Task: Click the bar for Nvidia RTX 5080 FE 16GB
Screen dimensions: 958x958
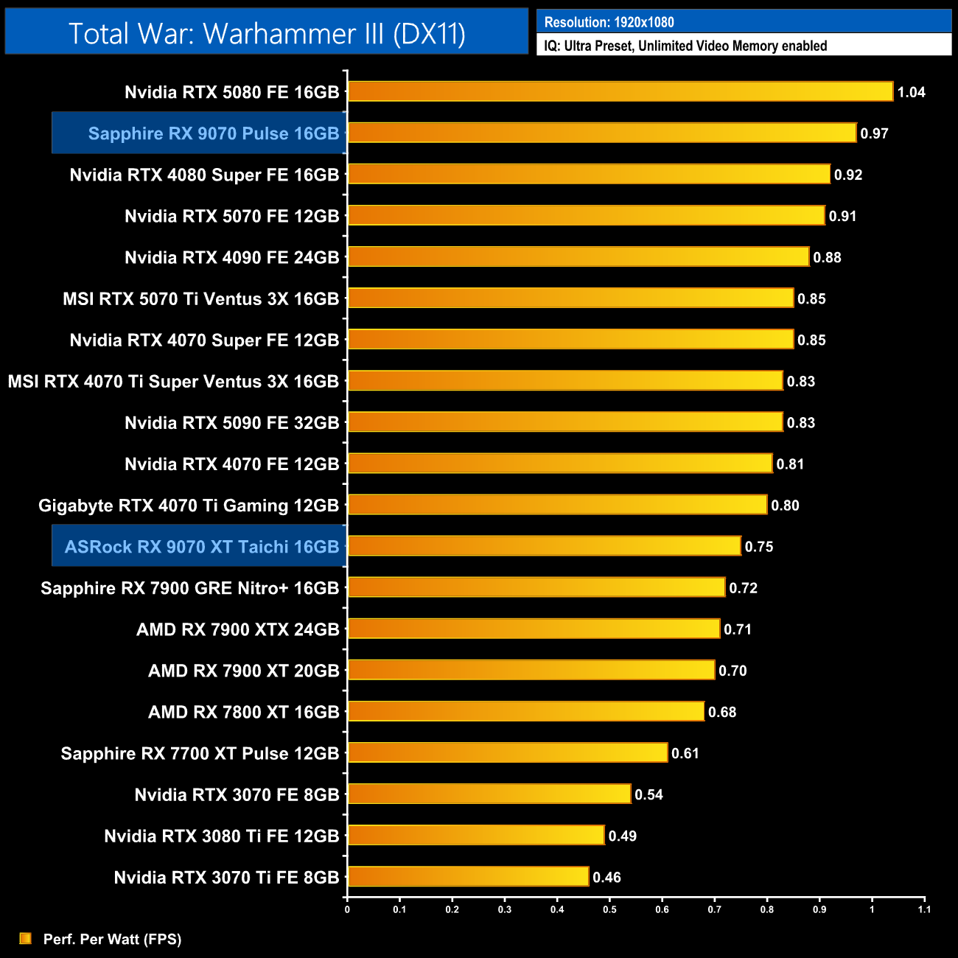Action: pos(620,91)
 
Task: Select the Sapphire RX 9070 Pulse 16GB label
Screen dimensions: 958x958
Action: pos(213,133)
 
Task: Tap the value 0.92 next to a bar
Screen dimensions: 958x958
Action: pos(847,175)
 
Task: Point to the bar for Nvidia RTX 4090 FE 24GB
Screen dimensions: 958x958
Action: pos(578,256)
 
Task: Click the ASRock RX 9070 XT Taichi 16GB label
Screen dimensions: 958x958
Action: pos(201,547)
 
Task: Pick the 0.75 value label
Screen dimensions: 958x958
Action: pos(758,547)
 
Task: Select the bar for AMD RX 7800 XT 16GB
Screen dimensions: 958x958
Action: pos(525,711)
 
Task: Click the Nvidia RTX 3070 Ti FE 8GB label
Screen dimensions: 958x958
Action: pos(226,878)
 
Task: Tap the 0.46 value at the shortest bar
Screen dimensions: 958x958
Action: pos(606,877)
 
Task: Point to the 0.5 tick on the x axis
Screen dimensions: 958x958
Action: pos(609,909)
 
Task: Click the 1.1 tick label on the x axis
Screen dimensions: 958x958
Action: pos(924,909)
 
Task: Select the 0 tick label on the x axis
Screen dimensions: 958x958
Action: pos(347,909)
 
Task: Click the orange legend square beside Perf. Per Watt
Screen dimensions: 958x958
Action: pos(26,938)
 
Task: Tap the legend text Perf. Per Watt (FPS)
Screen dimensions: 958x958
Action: pos(112,939)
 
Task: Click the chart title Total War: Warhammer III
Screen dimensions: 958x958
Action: pos(267,33)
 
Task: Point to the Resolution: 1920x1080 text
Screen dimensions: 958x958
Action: pos(609,22)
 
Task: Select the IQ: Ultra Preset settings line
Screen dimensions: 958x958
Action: pos(685,46)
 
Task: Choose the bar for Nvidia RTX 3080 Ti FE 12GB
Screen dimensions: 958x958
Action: pos(476,835)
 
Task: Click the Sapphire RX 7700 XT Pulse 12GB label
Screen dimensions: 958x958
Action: pos(200,753)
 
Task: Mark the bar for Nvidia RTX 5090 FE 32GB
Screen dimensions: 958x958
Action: pos(565,422)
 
